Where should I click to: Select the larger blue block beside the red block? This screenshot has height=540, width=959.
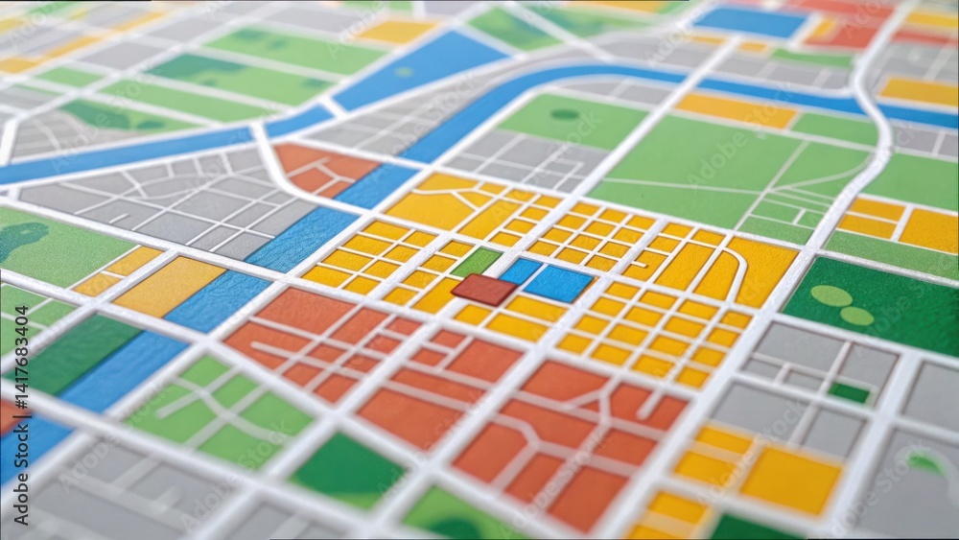pyautogui.click(x=558, y=283)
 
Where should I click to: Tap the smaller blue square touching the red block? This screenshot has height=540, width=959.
pyautogui.click(x=522, y=270)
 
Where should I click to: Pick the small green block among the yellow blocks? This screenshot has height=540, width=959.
pyautogui.click(x=477, y=261)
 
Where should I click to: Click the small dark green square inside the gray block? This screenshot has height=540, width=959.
pyautogui.click(x=849, y=391)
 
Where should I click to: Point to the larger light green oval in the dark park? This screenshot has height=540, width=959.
pyautogui.click(x=830, y=295)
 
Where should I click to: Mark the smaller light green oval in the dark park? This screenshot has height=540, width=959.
pyautogui.click(x=856, y=316)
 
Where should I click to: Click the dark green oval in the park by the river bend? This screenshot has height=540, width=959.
pyautogui.click(x=565, y=114)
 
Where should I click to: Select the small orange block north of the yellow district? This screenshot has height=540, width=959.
pyautogui.click(x=324, y=168)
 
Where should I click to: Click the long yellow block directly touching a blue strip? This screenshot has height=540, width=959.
pyautogui.click(x=169, y=285)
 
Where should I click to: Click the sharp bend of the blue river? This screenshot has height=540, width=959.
pyautogui.click(x=573, y=74)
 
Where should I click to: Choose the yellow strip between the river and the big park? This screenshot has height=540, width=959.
pyautogui.click(x=736, y=109)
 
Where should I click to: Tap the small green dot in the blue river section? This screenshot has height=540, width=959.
pyautogui.click(x=404, y=72)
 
